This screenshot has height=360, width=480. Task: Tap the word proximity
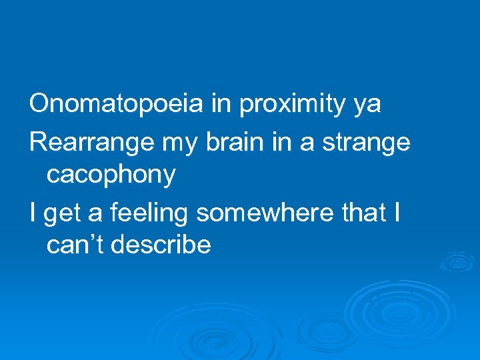click(293, 105)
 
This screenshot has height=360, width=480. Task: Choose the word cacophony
click(111, 175)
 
